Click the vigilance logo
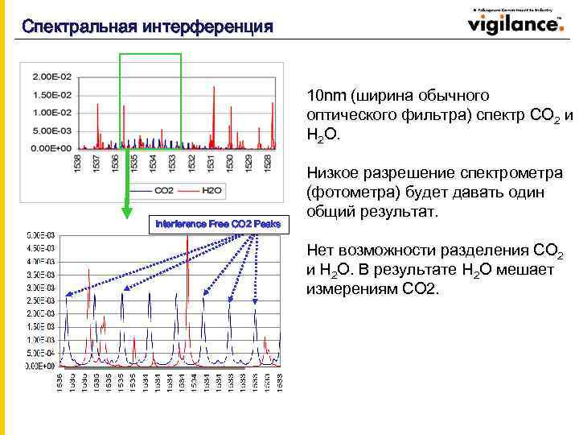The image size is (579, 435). pos(515,23)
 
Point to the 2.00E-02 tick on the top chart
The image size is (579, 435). pos(51,77)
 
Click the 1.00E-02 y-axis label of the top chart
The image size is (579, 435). pos(51,112)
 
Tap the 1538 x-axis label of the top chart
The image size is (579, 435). pos(77,164)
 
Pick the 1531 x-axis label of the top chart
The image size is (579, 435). pos(209,164)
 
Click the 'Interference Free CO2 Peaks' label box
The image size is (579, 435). pos(218,223)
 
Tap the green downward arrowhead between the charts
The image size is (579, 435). pos(126,213)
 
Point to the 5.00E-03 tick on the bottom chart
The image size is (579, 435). pos(40,234)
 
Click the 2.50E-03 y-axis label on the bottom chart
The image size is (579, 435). pos(40,300)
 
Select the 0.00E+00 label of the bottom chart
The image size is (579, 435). pos(40,366)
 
